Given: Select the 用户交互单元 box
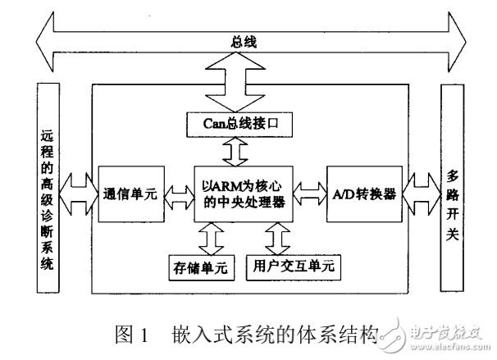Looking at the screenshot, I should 292,267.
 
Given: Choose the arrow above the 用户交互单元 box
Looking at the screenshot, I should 276,239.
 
